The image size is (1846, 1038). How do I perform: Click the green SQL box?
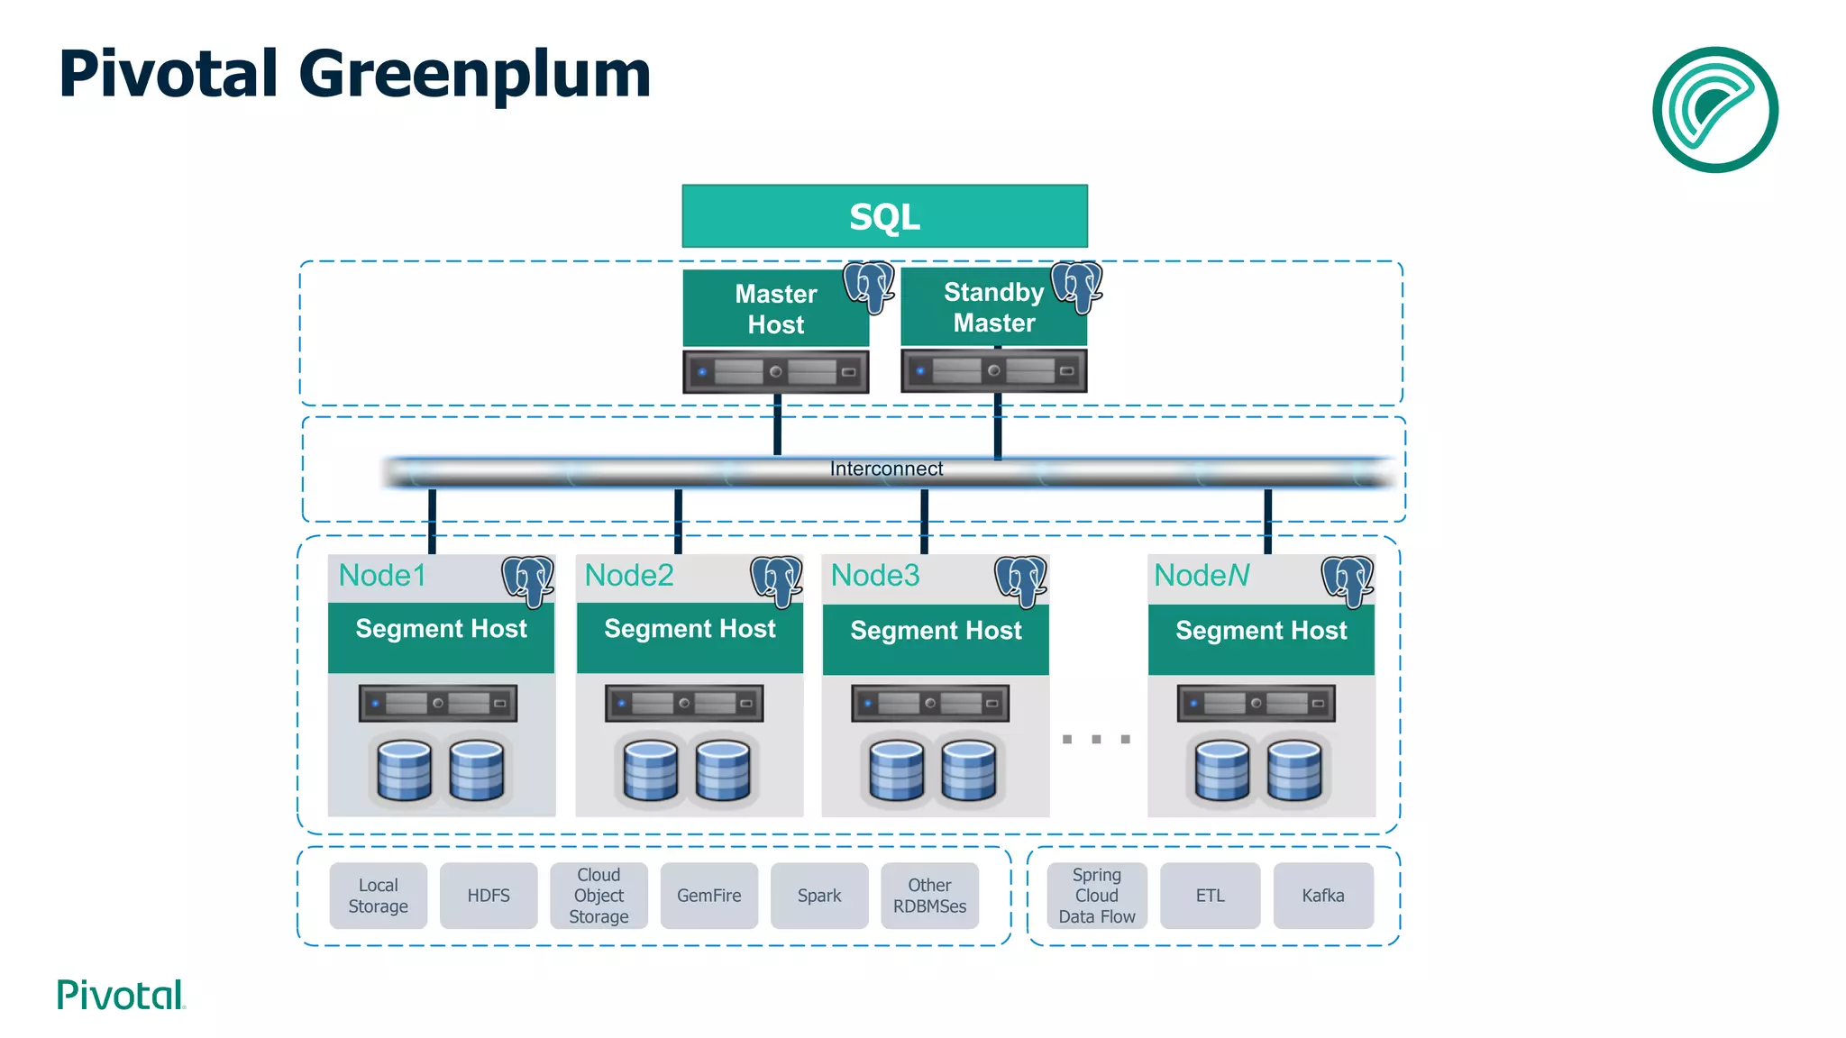pyautogui.click(x=884, y=216)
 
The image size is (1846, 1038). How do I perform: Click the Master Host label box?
pyautogui.click(x=775, y=309)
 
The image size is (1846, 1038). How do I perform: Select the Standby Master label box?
pyautogui.click(x=993, y=307)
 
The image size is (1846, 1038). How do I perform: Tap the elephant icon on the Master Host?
pyautogui.click(x=869, y=287)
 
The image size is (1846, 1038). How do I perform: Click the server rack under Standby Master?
pyautogui.click(x=993, y=370)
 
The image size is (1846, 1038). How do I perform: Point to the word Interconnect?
pyautogui.click(x=886, y=469)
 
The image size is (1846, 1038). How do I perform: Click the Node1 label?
pyautogui.click(x=382, y=576)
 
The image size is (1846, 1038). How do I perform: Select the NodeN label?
pyautogui.click(x=1202, y=576)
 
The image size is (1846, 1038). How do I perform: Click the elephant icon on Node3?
pyautogui.click(x=1020, y=580)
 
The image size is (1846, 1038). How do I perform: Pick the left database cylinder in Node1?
pyautogui.click(x=404, y=770)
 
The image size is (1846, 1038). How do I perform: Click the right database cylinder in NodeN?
pyautogui.click(x=1294, y=770)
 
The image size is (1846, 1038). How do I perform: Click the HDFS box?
pyautogui.click(x=489, y=896)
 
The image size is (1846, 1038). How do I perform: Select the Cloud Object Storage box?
pyautogui.click(x=599, y=896)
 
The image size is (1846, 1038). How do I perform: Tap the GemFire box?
pyautogui.click(x=708, y=896)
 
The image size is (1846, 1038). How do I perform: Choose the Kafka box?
pyautogui.click(x=1322, y=896)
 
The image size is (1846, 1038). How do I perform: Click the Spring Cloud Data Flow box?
pyautogui.click(x=1097, y=896)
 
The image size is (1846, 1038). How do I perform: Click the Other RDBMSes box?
pyautogui.click(x=929, y=896)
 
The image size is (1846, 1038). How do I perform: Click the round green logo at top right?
pyautogui.click(x=1714, y=110)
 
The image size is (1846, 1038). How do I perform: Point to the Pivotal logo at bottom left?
pyautogui.click(x=121, y=995)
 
